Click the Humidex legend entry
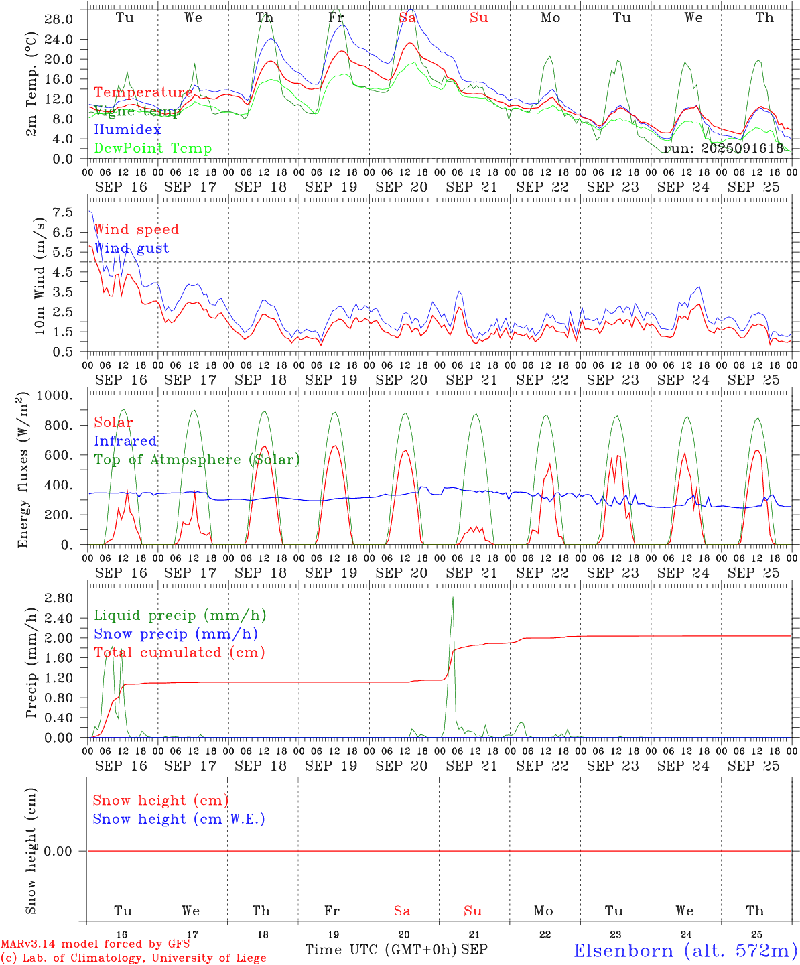127,130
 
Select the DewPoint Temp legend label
153,149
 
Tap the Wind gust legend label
131,248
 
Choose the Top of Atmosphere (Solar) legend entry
197,460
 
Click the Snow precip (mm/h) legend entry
176,634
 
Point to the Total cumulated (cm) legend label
179,653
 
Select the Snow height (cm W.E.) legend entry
179,819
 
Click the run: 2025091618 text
723,149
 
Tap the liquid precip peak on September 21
453,597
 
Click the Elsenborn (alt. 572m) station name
685,950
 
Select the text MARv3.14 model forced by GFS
95,944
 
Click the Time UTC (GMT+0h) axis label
381,950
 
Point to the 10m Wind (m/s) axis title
40,276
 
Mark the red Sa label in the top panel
407,18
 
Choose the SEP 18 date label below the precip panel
261,765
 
